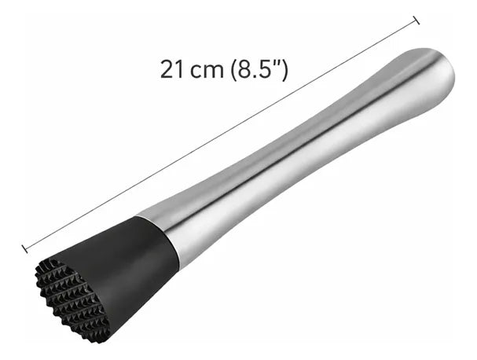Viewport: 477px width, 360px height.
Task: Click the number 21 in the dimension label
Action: (x=173, y=68)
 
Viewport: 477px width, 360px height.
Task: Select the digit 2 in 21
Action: (x=167, y=68)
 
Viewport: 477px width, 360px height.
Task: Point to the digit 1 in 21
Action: (x=179, y=68)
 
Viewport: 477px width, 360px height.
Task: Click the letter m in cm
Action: (x=213, y=70)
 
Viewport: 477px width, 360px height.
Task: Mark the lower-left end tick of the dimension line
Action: (x=26, y=249)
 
